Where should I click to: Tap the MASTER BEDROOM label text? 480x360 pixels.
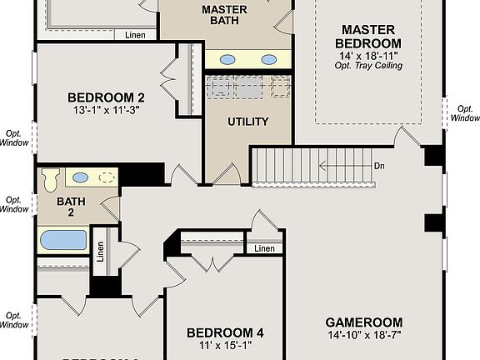pyautogui.click(x=368, y=36)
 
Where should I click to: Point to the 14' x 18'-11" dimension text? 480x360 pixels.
pyautogui.click(x=368, y=55)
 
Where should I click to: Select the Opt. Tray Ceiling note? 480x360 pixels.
pyautogui.click(x=368, y=66)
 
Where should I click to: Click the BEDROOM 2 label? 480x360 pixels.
pyautogui.click(x=124, y=97)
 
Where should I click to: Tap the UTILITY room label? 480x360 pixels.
pyautogui.click(x=248, y=122)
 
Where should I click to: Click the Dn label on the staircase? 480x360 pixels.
pyautogui.click(x=379, y=165)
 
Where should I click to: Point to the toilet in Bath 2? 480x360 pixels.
pyautogui.click(x=52, y=177)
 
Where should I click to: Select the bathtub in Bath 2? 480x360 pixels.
pyautogui.click(x=62, y=241)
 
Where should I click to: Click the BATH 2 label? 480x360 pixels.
pyautogui.click(x=65, y=207)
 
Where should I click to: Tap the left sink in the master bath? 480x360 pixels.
pyautogui.click(x=227, y=59)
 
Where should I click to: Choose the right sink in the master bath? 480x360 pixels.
pyautogui.click(x=268, y=59)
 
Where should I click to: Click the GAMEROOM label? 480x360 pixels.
pyautogui.click(x=363, y=322)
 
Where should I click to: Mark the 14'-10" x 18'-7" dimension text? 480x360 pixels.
pyautogui.click(x=363, y=336)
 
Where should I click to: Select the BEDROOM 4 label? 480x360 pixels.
pyautogui.click(x=225, y=333)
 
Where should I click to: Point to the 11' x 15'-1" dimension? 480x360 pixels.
pyautogui.click(x=225, y=347)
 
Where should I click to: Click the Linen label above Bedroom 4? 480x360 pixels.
pyautogui.click(x=264, y=248)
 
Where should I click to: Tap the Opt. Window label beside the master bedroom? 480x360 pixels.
pyautogui.click(x=464, y=112)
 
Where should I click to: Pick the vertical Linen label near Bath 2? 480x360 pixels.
pyautogui.click(x=101, y=252)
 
